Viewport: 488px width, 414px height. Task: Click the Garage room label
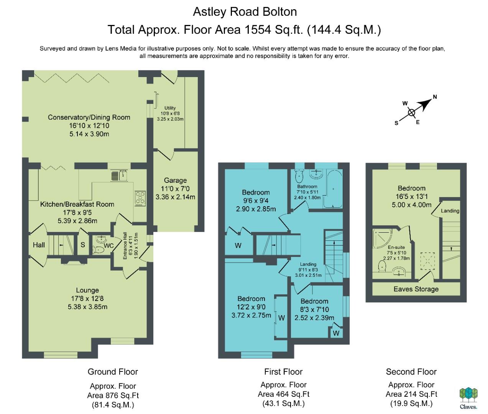coord(175,181)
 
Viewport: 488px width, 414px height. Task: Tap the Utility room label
coord(170,108)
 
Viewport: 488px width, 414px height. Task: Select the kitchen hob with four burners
coord(140,198)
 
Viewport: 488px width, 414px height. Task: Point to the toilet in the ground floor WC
coord(99,250)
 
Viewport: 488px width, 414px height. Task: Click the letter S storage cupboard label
coord(83,245)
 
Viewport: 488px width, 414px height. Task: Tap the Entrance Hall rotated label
coord(125,246)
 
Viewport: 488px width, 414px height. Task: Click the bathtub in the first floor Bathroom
coord(333,189)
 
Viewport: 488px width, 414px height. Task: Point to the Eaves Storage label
coord(416,289)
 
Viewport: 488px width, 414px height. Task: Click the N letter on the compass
coord(435,97)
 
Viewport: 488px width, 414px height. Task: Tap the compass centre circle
coord(411,113)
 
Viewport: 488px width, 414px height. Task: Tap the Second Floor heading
coord(411,372)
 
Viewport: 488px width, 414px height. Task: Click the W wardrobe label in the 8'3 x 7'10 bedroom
coord(336,333)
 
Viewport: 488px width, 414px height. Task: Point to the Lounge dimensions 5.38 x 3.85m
coord(87,307)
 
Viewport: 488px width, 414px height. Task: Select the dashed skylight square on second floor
coord(427,261)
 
